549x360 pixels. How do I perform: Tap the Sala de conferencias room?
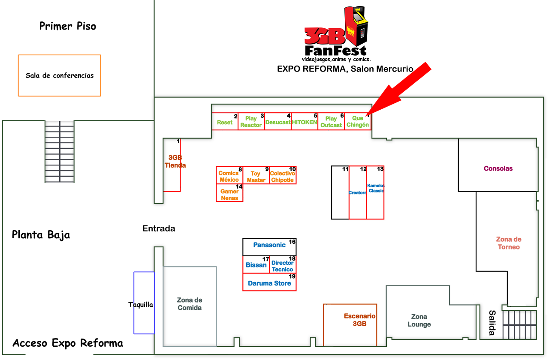(x=59, y=75)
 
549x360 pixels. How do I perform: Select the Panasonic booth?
(x=269, y=246)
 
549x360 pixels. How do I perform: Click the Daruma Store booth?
(x=269, y=283)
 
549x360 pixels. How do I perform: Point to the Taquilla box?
(x=141, y=305)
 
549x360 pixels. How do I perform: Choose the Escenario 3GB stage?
(x=359, y=320)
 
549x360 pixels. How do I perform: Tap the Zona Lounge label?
(x=419, y=321)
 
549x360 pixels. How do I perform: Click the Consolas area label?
(x=498, y=168)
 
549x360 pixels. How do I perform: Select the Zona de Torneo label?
(x=509, y=243)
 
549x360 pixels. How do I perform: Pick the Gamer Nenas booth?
(x=229, y=195)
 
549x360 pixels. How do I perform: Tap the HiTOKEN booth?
(x=305, y=122)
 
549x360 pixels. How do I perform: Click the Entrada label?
(x=159, y=228)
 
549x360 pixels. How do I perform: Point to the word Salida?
(x=492, y=323)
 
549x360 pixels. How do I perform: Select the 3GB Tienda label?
(x=175, y=161)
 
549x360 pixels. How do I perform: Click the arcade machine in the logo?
(x=357, y=27)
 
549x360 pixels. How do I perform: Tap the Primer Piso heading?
(x=68, y=26)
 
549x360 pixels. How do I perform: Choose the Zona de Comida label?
(x=190, y=304)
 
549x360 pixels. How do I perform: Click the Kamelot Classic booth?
(x=376, y=188)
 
